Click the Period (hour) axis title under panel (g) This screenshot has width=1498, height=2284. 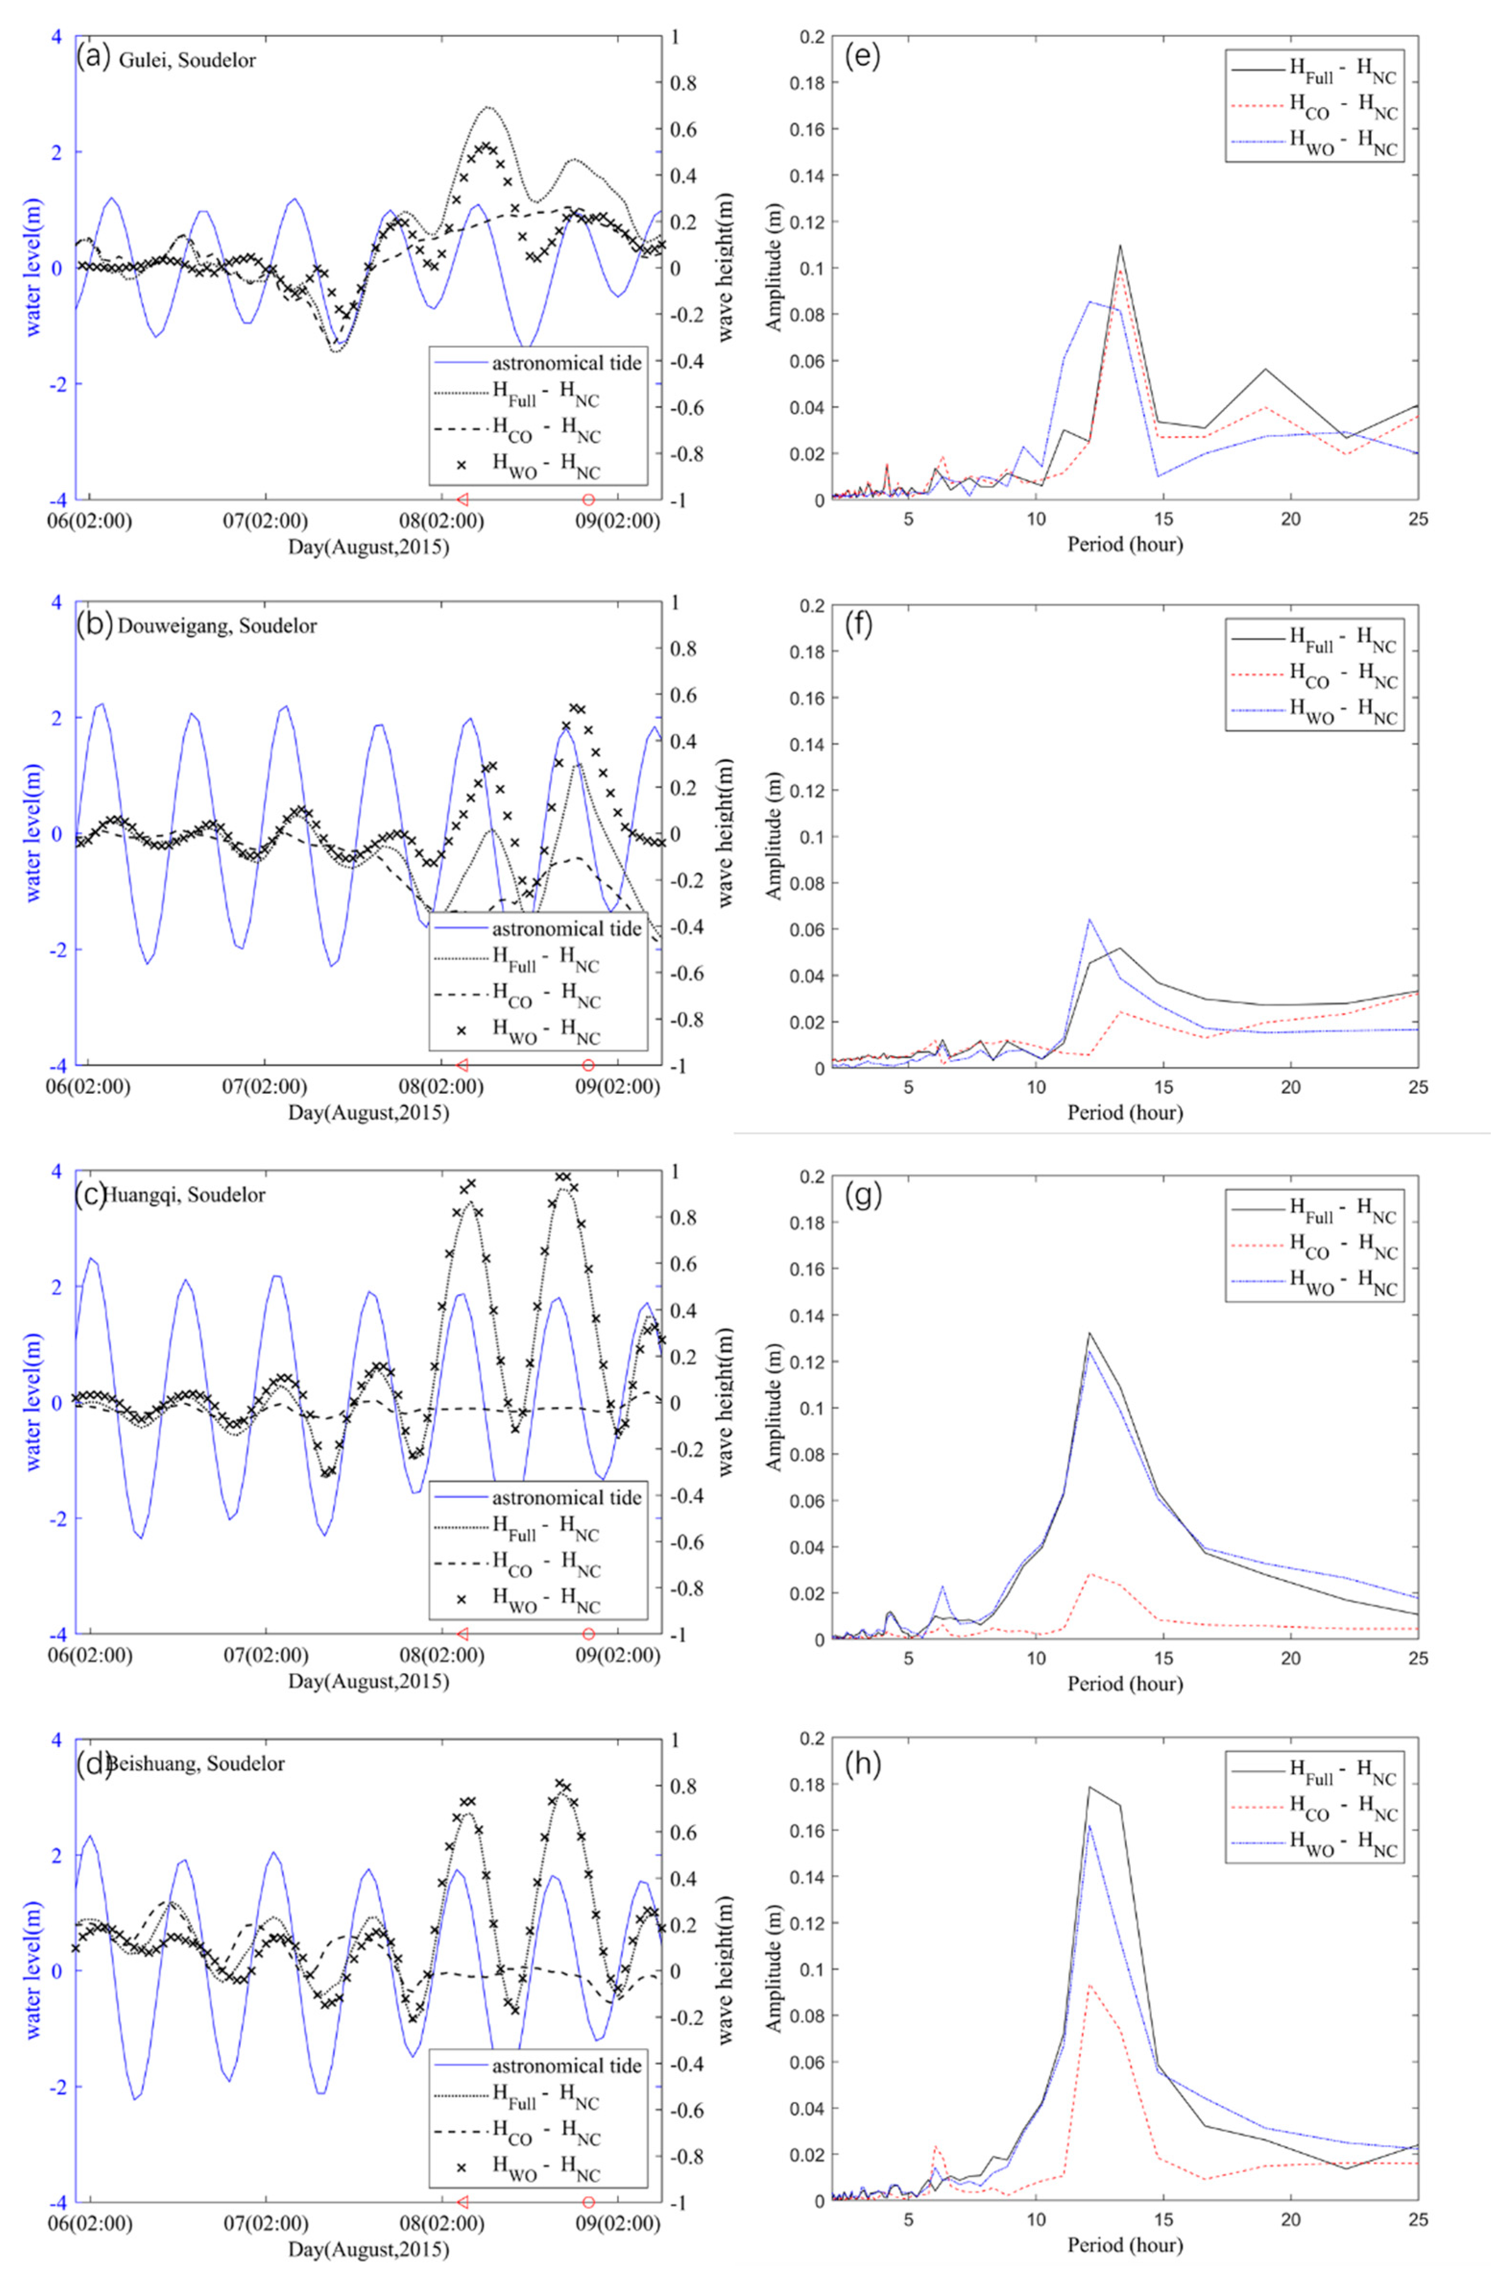1124,1683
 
